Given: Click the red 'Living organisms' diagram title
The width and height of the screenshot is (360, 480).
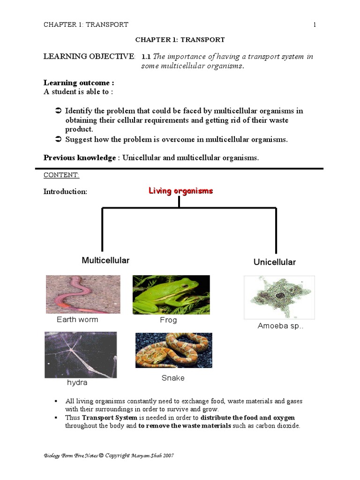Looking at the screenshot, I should (180, 191).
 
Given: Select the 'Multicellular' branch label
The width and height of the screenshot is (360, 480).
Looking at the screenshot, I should (105, 260).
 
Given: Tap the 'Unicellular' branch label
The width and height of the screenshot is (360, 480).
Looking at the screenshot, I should (275, 262).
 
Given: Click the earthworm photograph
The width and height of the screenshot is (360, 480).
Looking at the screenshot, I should (83, 294).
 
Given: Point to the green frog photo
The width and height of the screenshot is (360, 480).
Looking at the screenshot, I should (171, 294).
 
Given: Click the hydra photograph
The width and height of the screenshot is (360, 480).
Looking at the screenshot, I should (80, 354).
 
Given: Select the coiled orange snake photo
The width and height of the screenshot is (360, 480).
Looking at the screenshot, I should (173, 350).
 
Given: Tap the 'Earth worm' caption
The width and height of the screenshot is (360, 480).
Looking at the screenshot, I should (77, 320).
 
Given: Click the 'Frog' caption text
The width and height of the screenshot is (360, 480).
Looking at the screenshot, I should (168, 320).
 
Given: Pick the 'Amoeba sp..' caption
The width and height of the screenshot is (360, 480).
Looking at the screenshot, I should (280, 326).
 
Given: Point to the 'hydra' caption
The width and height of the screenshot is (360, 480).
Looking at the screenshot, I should (77, 382).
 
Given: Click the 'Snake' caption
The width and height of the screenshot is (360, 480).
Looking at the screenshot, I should (173, 378).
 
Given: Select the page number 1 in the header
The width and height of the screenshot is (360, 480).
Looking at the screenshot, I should (315, 24).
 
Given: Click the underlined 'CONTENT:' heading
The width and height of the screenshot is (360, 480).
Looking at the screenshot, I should (61, 175).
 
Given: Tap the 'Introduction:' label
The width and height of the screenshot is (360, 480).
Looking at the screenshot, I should (65, 192).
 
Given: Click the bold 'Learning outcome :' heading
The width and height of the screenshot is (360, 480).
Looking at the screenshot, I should (79, 83).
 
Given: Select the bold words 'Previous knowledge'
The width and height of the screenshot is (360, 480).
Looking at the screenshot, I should (79, 157).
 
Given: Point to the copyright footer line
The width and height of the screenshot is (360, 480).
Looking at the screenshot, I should (109, 455).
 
